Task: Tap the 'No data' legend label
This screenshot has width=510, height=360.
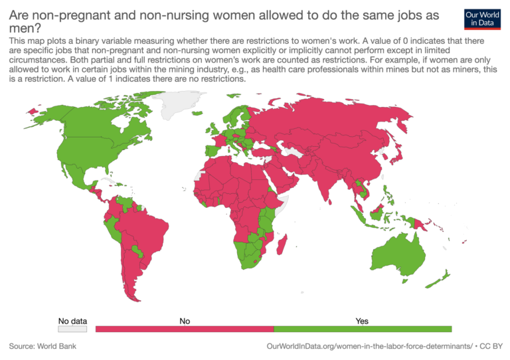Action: click(72, 321)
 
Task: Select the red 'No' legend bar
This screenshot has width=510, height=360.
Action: click(185, 329)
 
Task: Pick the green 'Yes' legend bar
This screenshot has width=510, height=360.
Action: click(363, 329)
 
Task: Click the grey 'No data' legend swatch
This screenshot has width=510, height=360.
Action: click(72, 329)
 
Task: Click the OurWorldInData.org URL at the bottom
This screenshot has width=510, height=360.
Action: click(369, 346)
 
